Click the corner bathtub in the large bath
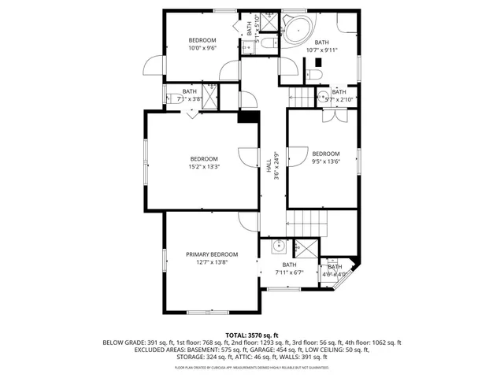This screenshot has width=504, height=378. click(x=298, y=30)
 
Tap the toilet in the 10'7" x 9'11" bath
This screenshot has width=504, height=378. click(x=315, y=76)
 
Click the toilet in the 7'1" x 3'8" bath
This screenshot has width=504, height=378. click(x=170, y=98)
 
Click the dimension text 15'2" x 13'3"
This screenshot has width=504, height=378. click(x=204, y=167)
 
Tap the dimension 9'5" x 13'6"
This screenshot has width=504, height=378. click(x=325, y=161)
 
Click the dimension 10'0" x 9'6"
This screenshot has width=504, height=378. click(x=203, y=48)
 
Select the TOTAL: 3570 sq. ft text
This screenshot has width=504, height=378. click(x=252, y=335)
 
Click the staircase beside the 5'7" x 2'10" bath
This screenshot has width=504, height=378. click(x=304, y=98)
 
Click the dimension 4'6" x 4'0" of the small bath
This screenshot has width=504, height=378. click(x=336, y=274)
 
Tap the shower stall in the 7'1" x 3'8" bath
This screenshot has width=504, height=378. click(x=228, y=96)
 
